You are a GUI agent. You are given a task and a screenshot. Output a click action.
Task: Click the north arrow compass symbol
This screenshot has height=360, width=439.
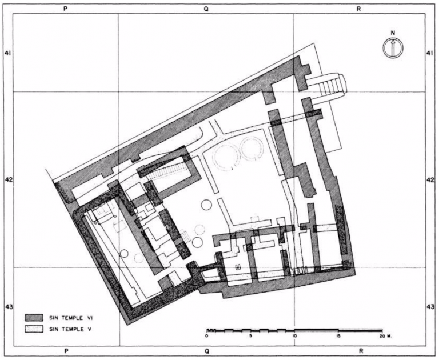[392, 48]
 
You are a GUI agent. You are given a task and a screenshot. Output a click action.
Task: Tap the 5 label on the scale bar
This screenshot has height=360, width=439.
[250, 338]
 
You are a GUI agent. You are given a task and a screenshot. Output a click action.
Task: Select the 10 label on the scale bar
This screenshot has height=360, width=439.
[294, 338]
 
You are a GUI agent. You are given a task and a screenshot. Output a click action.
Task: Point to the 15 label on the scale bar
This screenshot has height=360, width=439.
[338, 338]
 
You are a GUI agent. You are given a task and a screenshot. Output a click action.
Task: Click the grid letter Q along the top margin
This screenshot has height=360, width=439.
[206, 10]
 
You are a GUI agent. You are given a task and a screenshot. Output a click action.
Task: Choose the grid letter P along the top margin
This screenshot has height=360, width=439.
[67, 10]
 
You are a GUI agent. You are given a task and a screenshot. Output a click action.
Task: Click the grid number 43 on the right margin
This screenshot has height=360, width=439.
[430, 307]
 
